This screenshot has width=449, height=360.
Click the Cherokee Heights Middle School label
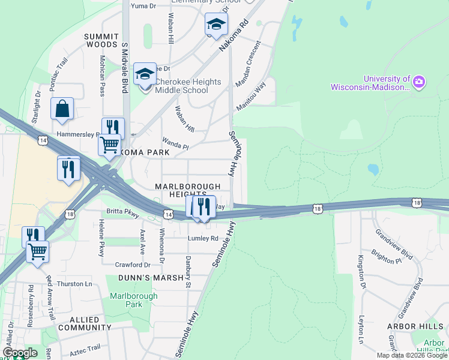[181, 85]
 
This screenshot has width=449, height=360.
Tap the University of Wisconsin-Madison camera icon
[419, 81]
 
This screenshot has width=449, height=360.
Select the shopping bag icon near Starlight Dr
[62, 109]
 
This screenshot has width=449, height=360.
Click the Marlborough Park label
[133, 300]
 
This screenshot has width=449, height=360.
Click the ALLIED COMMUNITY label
[82, 323]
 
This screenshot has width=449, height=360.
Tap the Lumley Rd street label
[203, 238]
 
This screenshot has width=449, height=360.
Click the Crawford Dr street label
[133, 265]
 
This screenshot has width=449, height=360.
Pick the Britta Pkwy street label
[123, 212]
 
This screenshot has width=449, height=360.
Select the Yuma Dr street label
[143, 6]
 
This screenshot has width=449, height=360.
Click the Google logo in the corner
[19, 353]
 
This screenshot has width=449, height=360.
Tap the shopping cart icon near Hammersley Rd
[109, 145]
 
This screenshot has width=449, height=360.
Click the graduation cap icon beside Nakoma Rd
[216, 25]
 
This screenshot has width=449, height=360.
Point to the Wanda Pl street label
[175, 146]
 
